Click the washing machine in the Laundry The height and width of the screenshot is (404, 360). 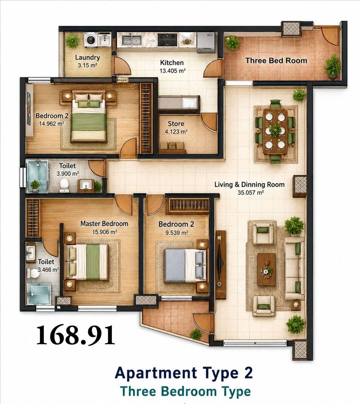click(91, 39)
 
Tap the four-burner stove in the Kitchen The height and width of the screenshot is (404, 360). click(168, 39)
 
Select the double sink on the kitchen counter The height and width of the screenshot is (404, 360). click(132, 39)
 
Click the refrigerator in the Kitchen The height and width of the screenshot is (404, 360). click(206, 42)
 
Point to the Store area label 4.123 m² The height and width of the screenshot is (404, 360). click(176, 132)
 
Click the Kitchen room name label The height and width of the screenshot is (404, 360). click(172, 63)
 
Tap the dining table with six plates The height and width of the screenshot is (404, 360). click(275, 132)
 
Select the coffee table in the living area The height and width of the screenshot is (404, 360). click(266, 269)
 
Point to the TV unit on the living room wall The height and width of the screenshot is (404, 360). click(221, 265)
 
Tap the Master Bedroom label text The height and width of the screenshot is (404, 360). click(104, 224)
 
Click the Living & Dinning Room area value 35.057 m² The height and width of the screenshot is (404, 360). click(251, 192)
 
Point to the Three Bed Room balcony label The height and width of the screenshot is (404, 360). click(276, 61)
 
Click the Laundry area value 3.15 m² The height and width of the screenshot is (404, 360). click(87, 65)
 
